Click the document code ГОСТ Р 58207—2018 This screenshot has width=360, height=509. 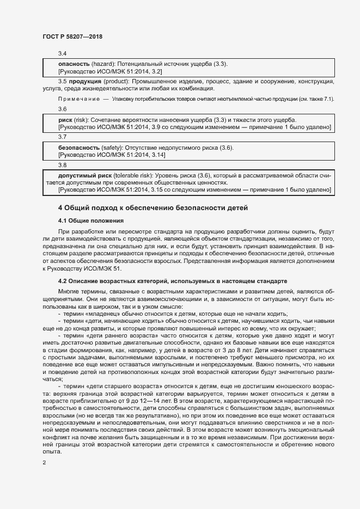click(x=72, y=36)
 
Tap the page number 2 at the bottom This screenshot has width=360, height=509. click(x=44, y=463)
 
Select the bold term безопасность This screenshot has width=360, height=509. click(x=79, y=148)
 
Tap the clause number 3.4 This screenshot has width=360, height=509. click(x=62, y=54)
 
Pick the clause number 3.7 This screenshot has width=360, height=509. click(x=62, y=137)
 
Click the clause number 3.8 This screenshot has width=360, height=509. click(x=62, y=165)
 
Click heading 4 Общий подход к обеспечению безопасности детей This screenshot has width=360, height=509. click(x=152, y=207)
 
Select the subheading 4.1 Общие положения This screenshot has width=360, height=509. click(x=91, y=220)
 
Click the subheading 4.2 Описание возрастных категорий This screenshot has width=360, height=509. click(x=172, y=281)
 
